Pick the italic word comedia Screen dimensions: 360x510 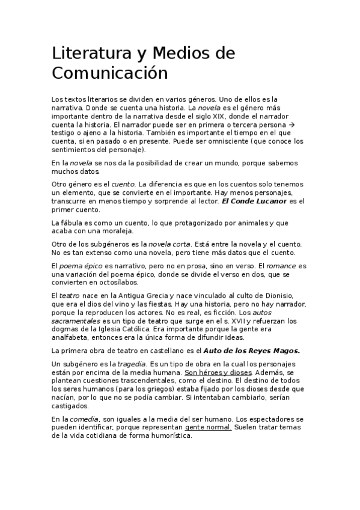coord(84,419)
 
